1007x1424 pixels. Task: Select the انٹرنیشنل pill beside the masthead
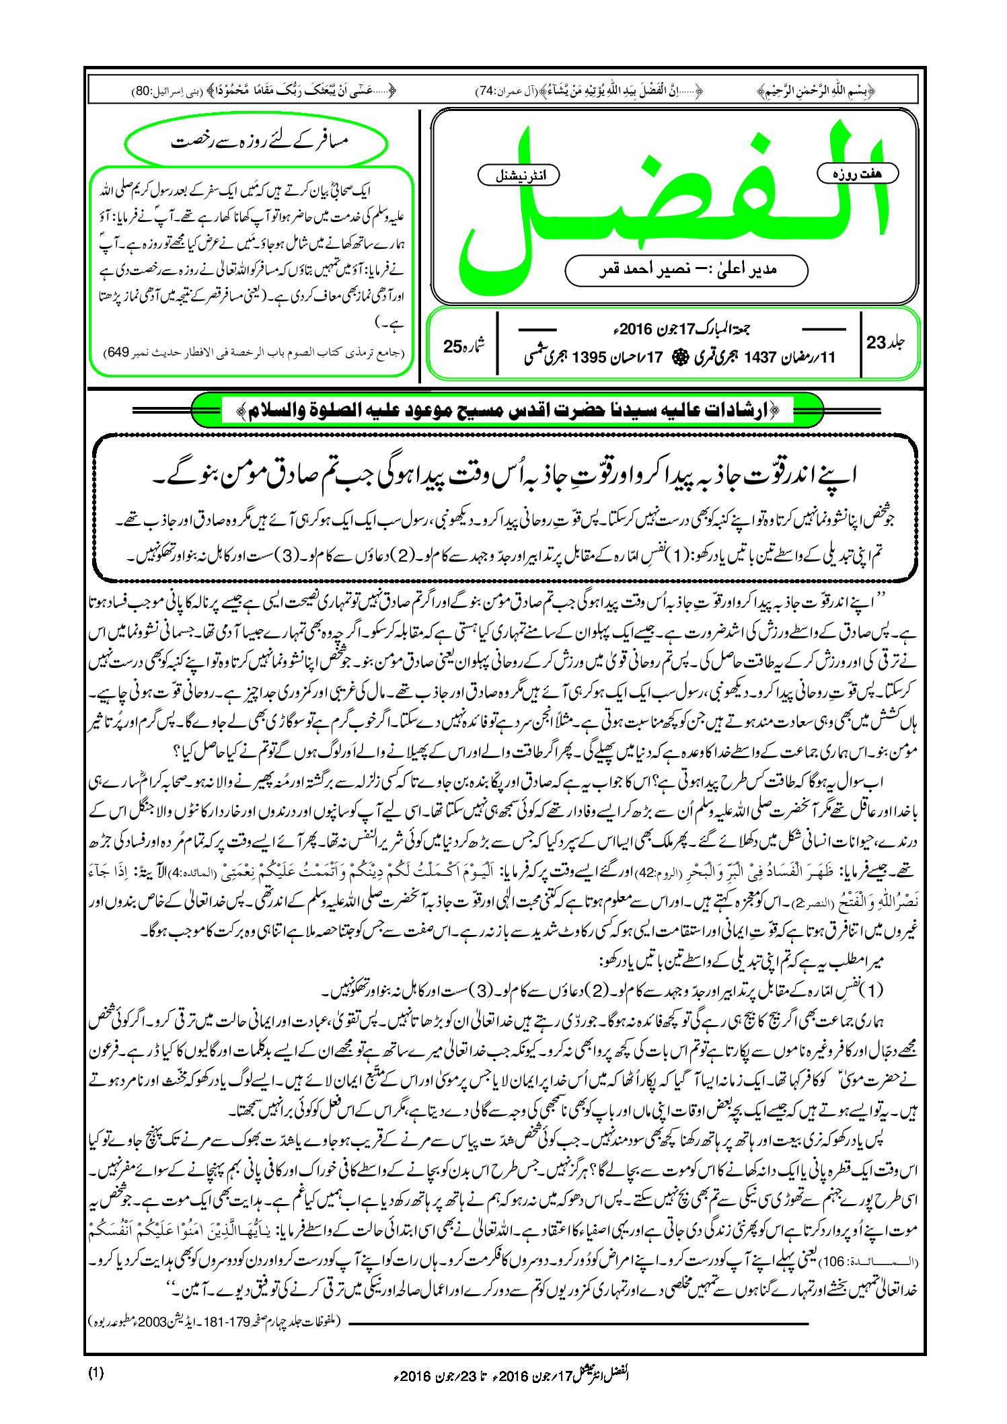pyautogui.click(x=518, y=176)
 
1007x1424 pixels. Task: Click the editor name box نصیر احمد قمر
pyautogui.click(x=686, y=270)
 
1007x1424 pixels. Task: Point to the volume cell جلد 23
pyautogui.click(x=886, y=342)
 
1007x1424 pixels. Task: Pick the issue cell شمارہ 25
pyautogui.click(x=464, y=346)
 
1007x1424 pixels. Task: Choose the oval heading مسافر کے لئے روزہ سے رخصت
pyautogui.click(x=257, y=143)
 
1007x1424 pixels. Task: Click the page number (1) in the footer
pyautogui.click(x=96, y=1373)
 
